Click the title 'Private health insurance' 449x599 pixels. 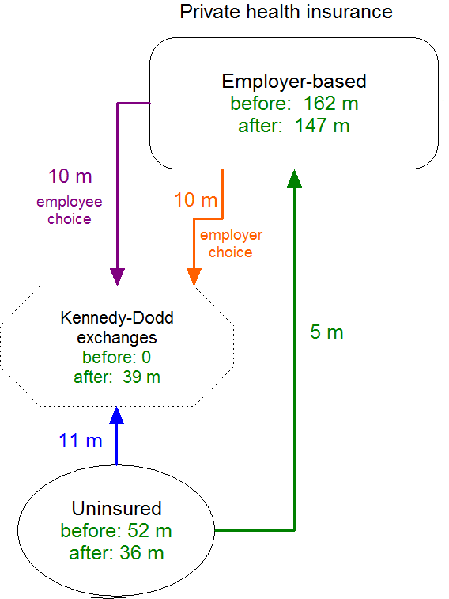[286, 12]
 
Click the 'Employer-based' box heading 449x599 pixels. [294, 82]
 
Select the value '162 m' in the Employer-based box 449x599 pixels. [331, 104]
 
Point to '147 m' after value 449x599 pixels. [323, 126]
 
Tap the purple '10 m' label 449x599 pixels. [70, 176]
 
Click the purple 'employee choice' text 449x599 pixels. [70, 210]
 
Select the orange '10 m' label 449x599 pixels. [196, 200]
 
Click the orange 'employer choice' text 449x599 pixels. [231, 244]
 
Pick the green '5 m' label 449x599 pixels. [327, 332]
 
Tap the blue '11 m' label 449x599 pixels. [81, 441]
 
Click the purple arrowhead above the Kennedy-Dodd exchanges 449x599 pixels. [118, 277]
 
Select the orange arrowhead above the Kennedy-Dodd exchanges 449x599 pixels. [194, 277]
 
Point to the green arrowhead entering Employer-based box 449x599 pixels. [295, 178]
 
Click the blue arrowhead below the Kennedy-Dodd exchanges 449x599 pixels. [117, 415]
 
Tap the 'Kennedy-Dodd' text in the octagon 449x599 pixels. [117, 318]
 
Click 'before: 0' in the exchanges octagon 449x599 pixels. [117, 358]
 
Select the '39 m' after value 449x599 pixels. [141, 377]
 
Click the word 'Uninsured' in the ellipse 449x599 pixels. [117, 509]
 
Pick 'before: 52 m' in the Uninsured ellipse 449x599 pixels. [116, 531]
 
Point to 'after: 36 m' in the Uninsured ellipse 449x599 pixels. [116, 553]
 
